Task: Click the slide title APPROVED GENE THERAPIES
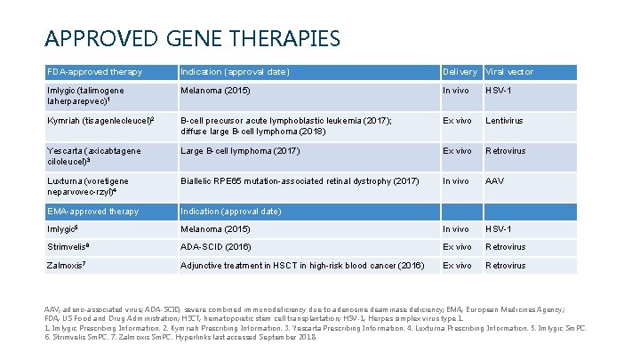pyautogui.click(x=192, y=39)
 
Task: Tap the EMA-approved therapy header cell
pyautogui.click(x=92, y=212)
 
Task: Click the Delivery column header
pyautogui.click(x=460, y=71)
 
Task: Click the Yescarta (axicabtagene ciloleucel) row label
pyautogui.click(x=93, y=156)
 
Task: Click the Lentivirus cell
pyautogui.click(x=504, y=120)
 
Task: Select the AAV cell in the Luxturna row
pyautogui.click(x=495, y=181)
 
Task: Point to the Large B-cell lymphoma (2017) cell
pyautogui.click(x=240, y=151)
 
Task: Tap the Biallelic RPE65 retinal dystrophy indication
pyautogui.click(x=299, y=181)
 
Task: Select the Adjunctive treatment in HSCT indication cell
pyautogui.click(x=302, y=265)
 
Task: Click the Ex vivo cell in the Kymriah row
pyautogui.click(x=457, y=120)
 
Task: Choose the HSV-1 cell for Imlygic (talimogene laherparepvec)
pyautogui.click(x=499, y=90)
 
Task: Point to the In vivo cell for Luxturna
pyautogui.click(x=457, y=181)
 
